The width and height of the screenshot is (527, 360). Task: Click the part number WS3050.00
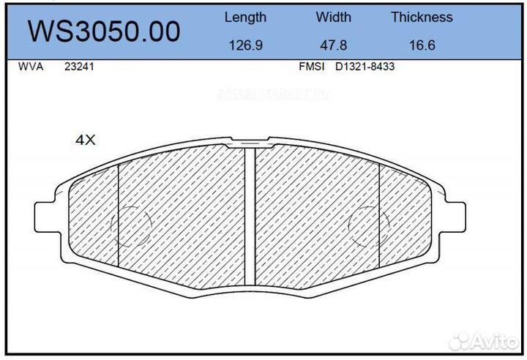click(x=103, y=31)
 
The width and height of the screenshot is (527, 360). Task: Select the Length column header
click(x=245, y=17)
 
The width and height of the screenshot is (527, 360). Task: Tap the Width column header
click(x=333, y=17)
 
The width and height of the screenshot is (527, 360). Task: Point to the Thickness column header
click(x=422, y=17)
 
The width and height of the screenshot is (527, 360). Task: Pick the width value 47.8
click(x=333, y=45)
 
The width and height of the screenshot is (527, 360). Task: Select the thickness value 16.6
click(x=422, y=45)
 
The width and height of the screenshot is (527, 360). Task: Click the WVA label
click(x=30, y=67)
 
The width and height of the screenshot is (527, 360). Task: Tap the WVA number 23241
click(x=78, y=67)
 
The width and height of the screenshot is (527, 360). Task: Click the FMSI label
click(x=312, y=67)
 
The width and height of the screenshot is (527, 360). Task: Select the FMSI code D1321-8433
click(x=365, y=67)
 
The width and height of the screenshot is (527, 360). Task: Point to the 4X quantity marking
click(x=86, y=140)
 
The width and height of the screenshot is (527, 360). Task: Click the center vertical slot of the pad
click(x=249, y=216)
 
